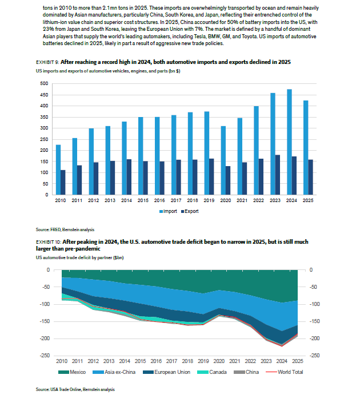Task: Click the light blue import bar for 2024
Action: pos(289,142)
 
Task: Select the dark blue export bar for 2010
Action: pos(63,183)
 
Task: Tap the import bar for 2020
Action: pos(223,160)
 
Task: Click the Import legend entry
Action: pos(168,211)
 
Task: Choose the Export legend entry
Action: pos(190,211)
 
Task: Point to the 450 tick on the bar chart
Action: pos(44,95)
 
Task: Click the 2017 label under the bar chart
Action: pos(176,200)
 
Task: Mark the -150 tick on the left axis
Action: pos(45,321)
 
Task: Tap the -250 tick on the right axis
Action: pos(314,356)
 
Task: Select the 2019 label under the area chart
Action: pos(203,361)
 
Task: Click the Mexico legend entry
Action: pos(72,372)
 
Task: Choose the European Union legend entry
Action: pos(167,372)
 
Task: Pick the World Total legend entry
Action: pos(285,372)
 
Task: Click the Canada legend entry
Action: pos(212,372)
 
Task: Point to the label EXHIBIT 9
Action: pos(47,62)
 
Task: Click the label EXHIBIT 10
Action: pos(49,242)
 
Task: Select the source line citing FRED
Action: pos(65,229)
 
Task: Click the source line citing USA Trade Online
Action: pos(75,389)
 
